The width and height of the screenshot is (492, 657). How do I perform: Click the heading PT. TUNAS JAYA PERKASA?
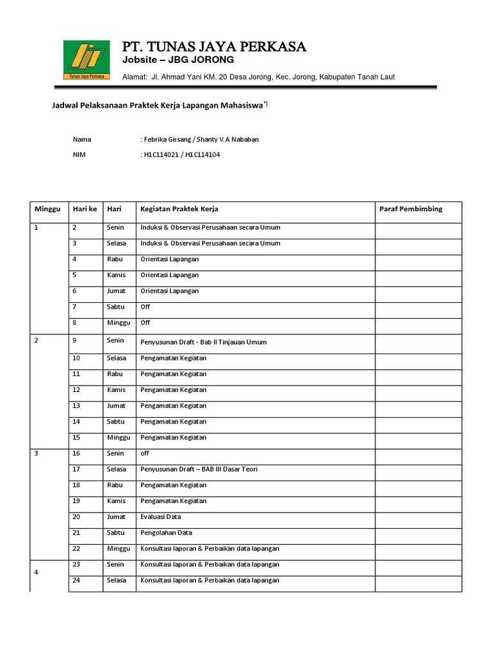(x=215, y=47)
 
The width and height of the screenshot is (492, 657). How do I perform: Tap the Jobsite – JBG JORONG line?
(x=179, y=60)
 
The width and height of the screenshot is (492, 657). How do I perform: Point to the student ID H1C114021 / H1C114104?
(x=180, y=155)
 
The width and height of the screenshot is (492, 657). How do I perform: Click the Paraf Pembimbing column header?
(x=411, y=209)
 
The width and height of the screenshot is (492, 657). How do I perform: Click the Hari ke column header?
(x=85, y=209)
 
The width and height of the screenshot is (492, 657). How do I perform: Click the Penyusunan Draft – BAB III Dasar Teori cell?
(x=199, y=469)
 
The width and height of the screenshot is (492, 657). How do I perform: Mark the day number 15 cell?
(x=76, y=437)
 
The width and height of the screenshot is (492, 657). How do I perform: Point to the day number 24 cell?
(x=76, y=580)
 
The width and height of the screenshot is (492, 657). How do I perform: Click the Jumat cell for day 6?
(x=116, y=291)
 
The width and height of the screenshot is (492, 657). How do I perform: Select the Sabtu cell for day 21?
(x=116, y=533)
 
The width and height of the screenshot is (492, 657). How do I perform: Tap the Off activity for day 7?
(x=145, y=307)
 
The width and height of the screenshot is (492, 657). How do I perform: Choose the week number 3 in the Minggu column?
(x=37, y=454)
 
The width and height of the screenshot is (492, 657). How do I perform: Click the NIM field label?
(x=79, y=155)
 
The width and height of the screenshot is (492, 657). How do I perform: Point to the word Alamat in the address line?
(x=135, y=77)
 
